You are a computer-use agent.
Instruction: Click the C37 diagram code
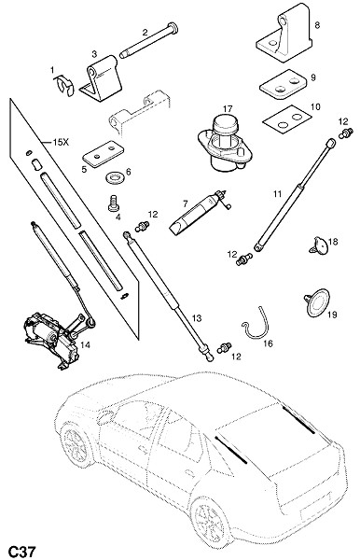click(x=22, y=551)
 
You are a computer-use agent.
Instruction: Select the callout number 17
click(x=228, y=108)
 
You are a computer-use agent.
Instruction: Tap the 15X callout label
click(x=61, y=142)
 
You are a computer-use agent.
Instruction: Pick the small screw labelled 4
click(x=114, y=204)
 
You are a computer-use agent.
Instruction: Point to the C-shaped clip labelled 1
click(x=64, y=87)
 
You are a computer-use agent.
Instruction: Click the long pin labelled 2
click(x=149, y=41)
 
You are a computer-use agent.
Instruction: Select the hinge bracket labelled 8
click(x=284, y=34)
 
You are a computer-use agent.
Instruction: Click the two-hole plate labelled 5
click(x=104, y=154)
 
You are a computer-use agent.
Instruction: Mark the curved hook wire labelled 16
click(x=256, y=324)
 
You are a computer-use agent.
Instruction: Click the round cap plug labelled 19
click(x=316, y=302)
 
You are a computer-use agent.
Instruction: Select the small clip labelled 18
click(x=319, y=246)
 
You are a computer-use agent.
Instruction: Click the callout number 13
click(x=197, y=318)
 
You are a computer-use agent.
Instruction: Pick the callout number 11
click(x=278, y=194)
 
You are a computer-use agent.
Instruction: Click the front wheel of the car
click(x=76, y=443)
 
